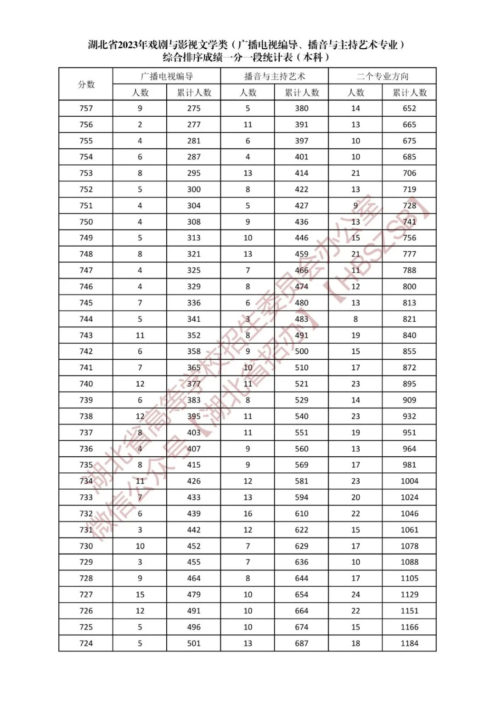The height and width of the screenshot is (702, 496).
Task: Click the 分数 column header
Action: [86, 84]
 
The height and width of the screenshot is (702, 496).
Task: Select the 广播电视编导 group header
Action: [167, 76]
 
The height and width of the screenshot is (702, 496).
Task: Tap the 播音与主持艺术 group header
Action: [275, 76]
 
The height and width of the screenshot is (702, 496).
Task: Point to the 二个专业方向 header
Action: [382, 76]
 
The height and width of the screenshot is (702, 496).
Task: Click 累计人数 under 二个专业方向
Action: [409, 92]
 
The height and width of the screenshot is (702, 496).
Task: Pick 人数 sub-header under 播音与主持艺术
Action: [248, 92]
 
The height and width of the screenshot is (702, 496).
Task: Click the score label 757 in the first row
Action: [86, 108]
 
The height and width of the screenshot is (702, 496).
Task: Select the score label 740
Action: [86, 384]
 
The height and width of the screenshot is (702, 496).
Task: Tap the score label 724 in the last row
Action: [86, 643]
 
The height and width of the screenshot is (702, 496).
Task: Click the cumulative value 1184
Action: [409, 643]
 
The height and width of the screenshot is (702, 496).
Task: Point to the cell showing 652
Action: [409, 108]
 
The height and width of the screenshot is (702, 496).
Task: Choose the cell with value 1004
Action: [409, 481]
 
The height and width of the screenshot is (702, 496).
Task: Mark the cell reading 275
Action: [194, 108]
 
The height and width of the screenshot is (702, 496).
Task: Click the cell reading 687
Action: [302, 643]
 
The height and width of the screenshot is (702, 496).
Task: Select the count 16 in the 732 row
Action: [248, 514]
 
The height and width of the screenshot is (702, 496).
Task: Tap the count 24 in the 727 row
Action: [355, 594]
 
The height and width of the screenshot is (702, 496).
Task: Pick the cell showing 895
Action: [409, 384]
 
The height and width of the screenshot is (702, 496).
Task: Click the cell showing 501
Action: [194, 643]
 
